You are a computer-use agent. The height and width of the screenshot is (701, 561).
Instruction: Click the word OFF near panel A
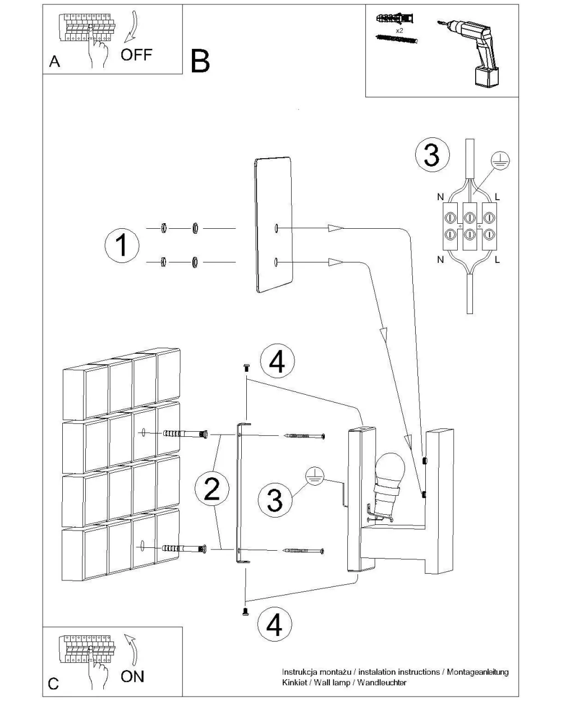point(136,54)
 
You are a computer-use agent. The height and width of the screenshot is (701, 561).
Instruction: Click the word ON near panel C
point(132,676)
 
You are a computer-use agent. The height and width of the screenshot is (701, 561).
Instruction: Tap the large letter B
point(200,61)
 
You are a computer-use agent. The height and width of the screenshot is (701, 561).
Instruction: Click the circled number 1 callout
point(122,245)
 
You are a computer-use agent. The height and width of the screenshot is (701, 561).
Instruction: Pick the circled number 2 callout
point(211,490)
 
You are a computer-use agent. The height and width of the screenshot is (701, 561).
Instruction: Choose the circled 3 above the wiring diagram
point(431,155)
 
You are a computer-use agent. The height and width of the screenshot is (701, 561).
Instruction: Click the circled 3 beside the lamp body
point(274,499)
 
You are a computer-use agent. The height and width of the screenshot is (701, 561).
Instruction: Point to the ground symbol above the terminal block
point(500,160)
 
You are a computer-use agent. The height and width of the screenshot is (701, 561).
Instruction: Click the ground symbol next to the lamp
point(314,476)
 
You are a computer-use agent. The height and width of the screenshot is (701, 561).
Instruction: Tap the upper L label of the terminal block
point(498,198)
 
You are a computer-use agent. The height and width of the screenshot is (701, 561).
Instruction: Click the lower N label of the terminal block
point(440,260)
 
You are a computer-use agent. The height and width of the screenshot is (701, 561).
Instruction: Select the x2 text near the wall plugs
point(399,30)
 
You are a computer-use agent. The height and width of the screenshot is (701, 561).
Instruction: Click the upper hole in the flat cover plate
point(277,228)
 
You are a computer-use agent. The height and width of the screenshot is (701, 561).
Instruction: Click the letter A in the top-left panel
point(54,62)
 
